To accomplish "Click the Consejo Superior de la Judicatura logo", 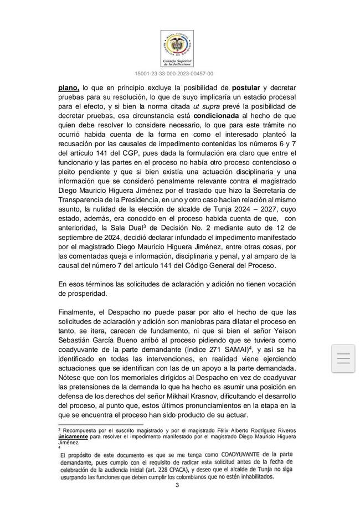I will pos(177,48).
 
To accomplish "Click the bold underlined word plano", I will pos(69,88).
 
